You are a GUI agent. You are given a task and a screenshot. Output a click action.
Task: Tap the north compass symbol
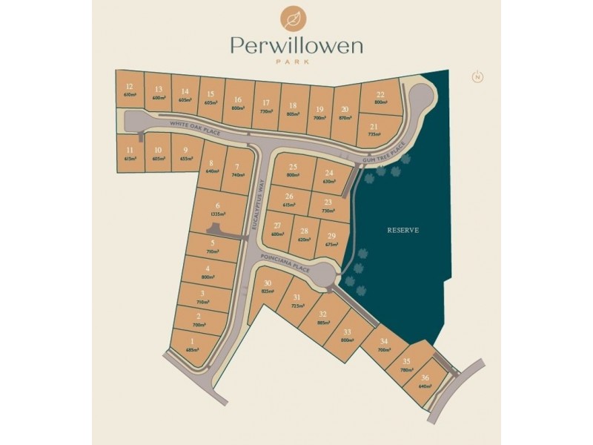[x=477, y=76]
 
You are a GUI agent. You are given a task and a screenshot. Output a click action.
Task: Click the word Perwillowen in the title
[x=296, y=47]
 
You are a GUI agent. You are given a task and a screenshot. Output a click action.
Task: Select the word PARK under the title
[x=296, y=62]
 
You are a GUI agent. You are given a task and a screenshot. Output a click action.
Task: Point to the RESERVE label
[x=403, y=230]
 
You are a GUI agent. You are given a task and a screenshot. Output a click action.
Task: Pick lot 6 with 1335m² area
[x=217, y=209]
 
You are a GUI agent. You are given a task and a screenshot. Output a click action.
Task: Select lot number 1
[x=192, y=345]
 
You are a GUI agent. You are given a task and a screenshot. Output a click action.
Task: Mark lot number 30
[x=267, y=287]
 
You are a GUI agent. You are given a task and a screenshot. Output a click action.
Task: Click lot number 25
[x=293, y=171]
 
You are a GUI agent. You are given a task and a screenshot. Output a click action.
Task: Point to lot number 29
[x=331, y=240]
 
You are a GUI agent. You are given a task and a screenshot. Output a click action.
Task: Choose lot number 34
[x=383, y=345]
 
